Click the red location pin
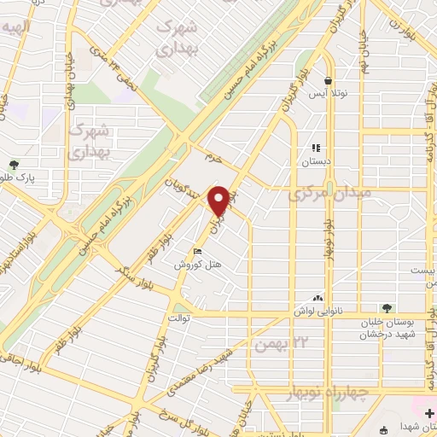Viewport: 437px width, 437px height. (x=219, y=201)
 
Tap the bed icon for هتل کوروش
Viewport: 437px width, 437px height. (x=197, y=252)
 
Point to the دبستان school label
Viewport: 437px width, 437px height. (x=315, y=160)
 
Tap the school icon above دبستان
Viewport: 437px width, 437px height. (x=315, y=148)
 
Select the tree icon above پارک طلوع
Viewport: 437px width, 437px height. (x=14, y=165)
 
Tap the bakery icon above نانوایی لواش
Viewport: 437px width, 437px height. (x=318, y=298)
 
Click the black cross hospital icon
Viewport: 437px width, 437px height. (x=428, y=414)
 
